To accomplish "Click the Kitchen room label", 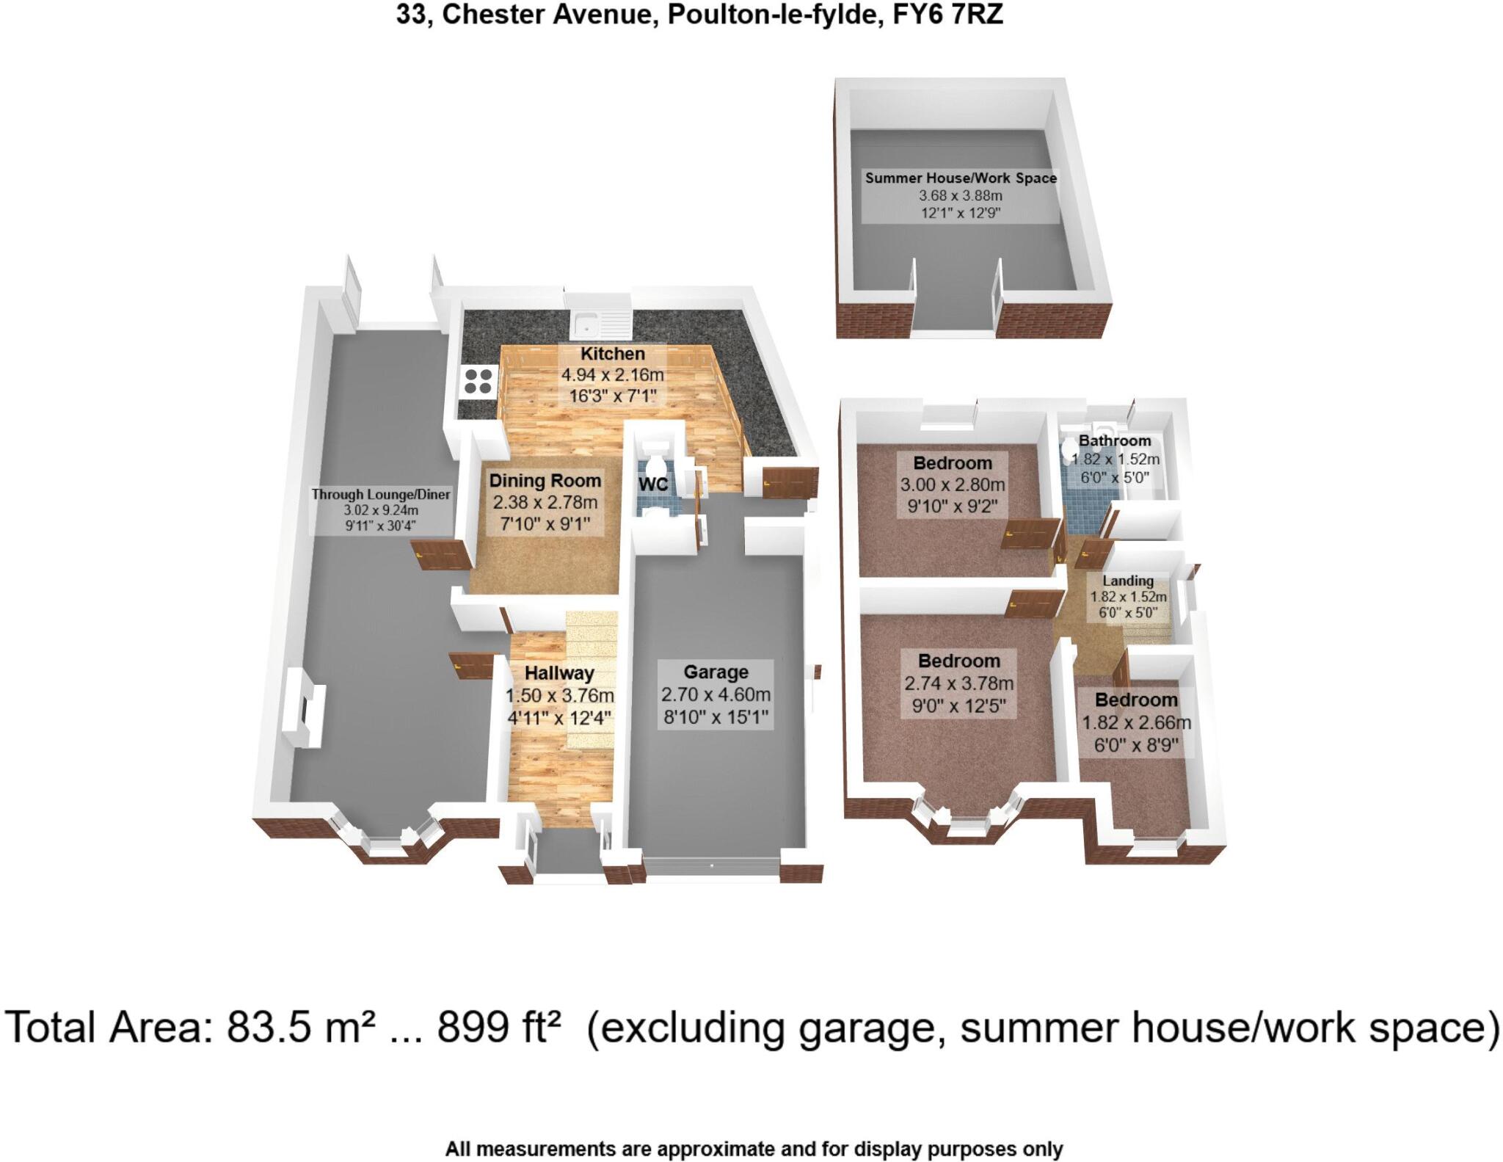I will click(612, 354).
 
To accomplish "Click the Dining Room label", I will click(545, 481).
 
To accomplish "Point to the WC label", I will click(652, 484).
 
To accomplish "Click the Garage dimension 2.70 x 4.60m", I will click(716, 694).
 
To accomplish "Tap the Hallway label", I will click(559, 673).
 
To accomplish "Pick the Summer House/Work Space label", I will click(961, 178).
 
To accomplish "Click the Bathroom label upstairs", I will click(1114, 440).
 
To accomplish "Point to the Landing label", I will click(1128, 581).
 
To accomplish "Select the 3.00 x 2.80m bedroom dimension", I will click(953, 485).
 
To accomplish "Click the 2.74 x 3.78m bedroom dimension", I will click(958, 683).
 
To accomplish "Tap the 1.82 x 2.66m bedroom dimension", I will click(1136, 723).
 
